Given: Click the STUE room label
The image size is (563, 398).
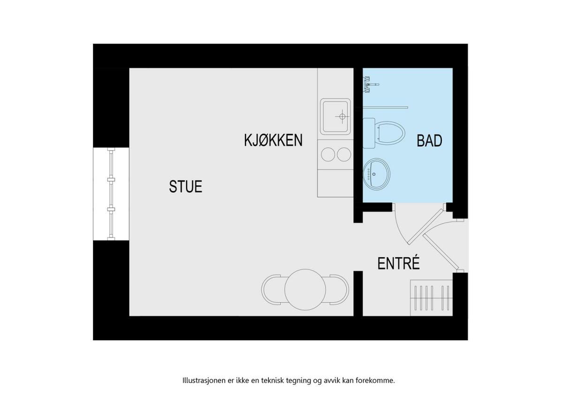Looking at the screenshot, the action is click(x=185, y=186).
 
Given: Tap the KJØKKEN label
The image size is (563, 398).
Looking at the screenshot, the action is click(x=273, y=140).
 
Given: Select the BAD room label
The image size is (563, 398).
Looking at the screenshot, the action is click(x=430, y=141).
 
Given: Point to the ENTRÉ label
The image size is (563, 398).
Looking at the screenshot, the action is click(x=399, y=263).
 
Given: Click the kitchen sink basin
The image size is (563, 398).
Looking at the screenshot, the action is click(x=335, y=117).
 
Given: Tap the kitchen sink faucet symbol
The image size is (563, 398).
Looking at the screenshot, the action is click(x=342, y=116).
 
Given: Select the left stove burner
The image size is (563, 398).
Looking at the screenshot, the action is click(x=328, y=154).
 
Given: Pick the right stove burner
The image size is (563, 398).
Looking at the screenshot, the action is click(x=344, y=154).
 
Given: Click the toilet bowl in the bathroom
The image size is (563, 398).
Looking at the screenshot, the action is click(x=390, y=133).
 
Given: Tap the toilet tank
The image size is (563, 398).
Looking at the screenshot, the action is click(x=369, y=133).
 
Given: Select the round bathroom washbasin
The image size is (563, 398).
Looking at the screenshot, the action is click(x=376, y=174).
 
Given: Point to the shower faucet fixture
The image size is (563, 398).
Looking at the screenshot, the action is click(x=370, y=84).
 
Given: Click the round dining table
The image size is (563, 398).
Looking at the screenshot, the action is click(x=305, y=290).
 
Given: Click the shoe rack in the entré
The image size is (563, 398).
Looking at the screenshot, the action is click(x=432, y=298).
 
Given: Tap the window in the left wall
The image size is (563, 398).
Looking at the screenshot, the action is click(x=111, y=194).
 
